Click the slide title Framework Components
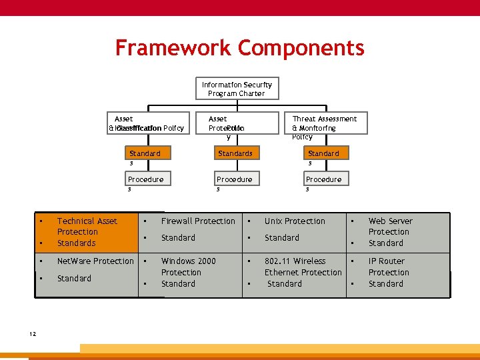[x=239, y=48]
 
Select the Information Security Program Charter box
[x=237, y=89]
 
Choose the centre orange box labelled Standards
[x=235, y=153]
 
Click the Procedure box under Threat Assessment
[x=323, y=179]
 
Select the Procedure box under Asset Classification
[x=145, y=179]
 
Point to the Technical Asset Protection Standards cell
[x=87, y=232]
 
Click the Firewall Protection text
[x=198, y=221]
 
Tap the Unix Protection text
[x=295, y=221]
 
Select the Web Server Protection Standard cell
[x=390, y=232]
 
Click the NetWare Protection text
[x=95, y=261]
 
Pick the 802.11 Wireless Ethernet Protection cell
[x=303, y=272]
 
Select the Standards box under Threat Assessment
[x=323, y=153]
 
